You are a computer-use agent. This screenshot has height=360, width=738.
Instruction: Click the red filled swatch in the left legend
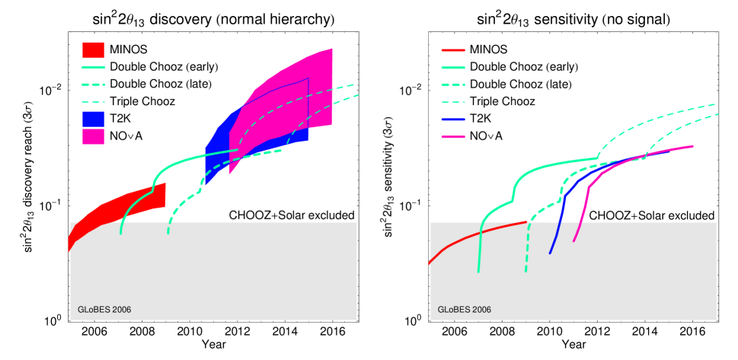tap(93, 50)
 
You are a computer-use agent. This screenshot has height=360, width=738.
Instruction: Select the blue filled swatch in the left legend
tap(93, 119)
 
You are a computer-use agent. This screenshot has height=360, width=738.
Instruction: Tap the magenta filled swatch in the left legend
tap(93, 136)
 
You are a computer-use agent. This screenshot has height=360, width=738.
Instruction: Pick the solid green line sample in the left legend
tap(93, 68)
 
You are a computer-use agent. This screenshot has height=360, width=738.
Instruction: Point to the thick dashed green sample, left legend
tap(93, 84)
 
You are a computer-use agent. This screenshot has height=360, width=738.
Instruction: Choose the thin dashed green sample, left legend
tap(93, 102)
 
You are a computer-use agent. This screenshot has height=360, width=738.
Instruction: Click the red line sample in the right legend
tap(453, 50)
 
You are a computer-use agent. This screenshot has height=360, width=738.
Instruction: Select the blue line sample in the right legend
tap(453, 119)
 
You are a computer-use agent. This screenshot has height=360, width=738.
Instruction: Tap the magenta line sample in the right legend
tap(453, 137)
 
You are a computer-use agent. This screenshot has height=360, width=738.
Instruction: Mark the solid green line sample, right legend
tap(453, 68)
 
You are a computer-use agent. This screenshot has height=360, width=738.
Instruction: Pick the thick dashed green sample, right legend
tap(453, 84)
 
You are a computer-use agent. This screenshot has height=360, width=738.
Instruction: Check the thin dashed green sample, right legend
tap(453, 102)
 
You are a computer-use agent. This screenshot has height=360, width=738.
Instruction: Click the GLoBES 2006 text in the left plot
tap(104, 310)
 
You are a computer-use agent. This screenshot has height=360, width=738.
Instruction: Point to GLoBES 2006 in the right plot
tap(464, 310)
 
